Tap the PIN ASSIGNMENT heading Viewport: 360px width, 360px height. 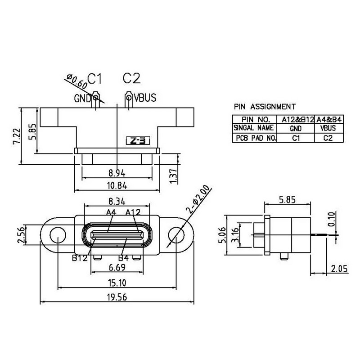coord(265,107)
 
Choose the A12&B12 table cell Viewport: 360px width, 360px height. coord(297,120)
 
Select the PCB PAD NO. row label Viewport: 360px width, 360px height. coord(254,139)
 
